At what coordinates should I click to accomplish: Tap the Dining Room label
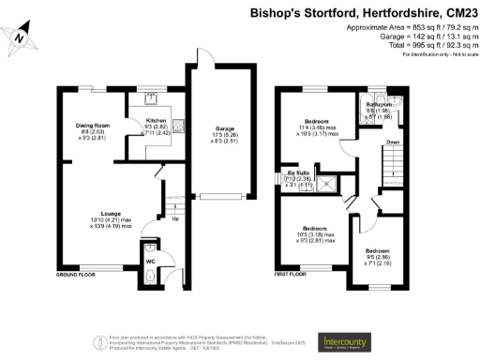(x=93, y=125)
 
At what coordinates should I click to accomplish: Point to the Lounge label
(x=112, y=214)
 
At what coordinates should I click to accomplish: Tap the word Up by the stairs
(x=175, y=219)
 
